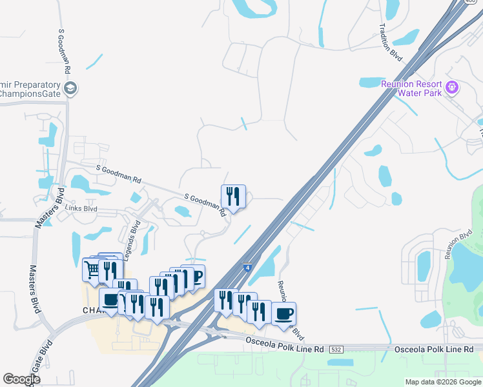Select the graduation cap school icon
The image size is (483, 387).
tap(70, 88)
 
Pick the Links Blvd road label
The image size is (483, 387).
tap(81, 208)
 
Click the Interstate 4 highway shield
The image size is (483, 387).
tap(247, 266)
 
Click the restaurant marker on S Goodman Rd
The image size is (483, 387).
tap(233, 195)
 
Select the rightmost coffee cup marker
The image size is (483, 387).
tap(283, 313)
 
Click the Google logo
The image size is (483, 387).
tap(21, 379)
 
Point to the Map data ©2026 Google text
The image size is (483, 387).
tap(443, 382)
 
